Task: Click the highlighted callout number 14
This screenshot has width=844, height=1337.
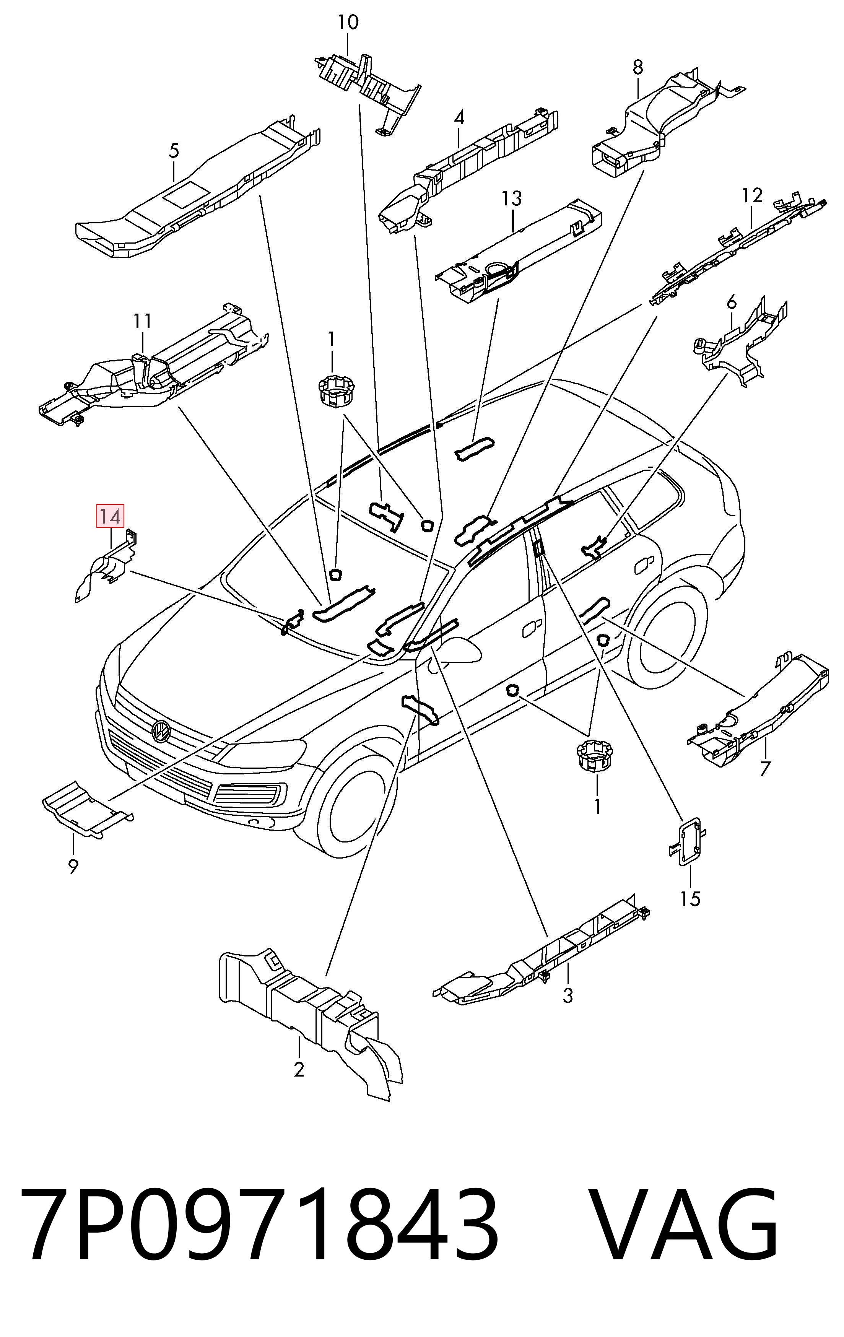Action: click(110, 516)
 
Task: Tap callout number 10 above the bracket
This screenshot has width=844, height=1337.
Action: click(348, 22)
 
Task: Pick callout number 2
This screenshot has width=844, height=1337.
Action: click(299, 1069)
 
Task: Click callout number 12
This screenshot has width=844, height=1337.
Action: click(752, 195)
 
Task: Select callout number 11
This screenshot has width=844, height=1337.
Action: click(142, 320)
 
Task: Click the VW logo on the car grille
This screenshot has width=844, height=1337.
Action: click(161, 731)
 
